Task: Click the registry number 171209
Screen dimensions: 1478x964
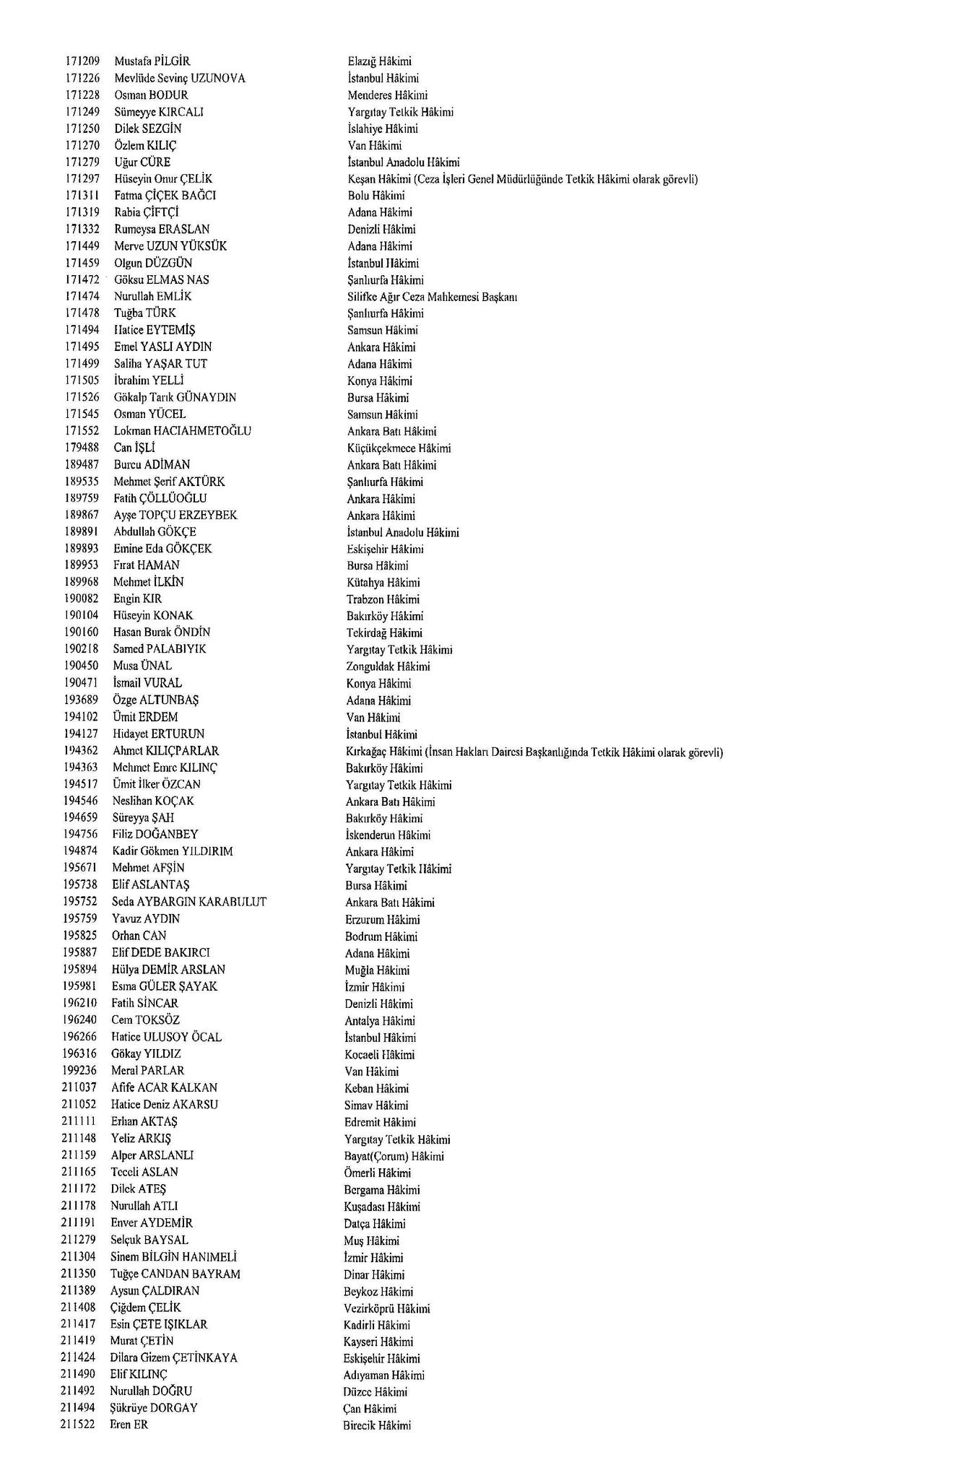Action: coord(82,61)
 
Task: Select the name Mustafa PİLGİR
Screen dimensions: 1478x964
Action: coord(152,61)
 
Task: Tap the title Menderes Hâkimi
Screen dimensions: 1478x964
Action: coord(387,95)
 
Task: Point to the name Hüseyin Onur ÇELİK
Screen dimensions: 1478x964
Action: coord(163,179)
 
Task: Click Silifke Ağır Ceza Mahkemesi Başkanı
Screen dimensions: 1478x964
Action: coord(432,297)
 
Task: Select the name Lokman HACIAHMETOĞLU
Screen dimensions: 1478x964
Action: coord(183,431)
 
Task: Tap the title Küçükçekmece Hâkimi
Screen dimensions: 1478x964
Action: coord(399,448)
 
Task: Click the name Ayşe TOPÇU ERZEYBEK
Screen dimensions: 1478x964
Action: coord(175,515)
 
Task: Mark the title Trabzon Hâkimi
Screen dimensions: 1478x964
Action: coord(383,599)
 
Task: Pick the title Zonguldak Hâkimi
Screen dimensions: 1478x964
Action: coord(388,666)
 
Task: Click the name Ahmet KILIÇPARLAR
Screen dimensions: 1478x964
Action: coord(165,751)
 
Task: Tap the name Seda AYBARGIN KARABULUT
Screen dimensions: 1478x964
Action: coord(189,902)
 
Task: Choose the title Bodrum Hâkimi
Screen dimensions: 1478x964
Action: coord(381,936)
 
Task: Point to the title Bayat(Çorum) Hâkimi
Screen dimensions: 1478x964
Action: coord(394,1156)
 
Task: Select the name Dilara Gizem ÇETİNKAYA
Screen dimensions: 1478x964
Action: coord(173,1357)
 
